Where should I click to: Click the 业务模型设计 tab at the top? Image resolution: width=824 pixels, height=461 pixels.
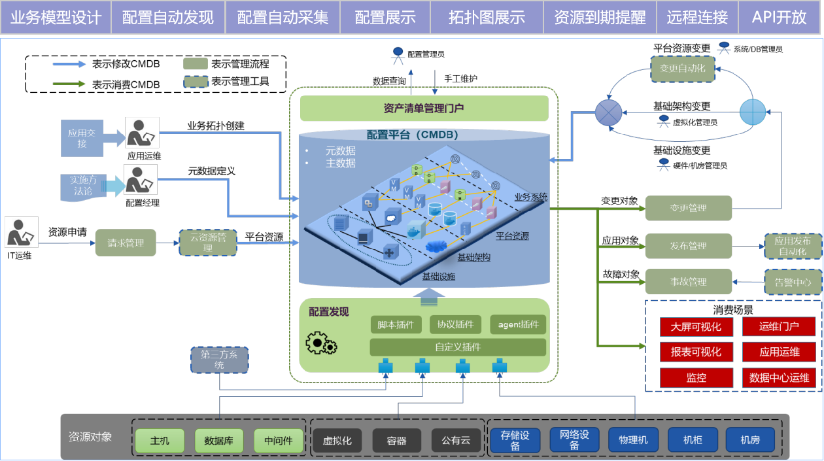pos(56,17)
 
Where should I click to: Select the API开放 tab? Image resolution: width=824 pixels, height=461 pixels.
pos(780,17)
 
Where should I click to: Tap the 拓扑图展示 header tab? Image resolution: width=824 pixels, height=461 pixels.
pos(487,17)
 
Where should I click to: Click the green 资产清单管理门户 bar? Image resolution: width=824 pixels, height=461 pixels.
pos(424,109)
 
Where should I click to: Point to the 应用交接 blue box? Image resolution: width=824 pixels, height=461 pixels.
pos(82,138)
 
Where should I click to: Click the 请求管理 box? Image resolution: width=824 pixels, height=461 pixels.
pos(126,243)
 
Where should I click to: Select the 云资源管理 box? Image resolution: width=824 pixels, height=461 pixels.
pos(207,243)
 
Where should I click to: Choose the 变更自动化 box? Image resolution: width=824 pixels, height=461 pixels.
pos(682,69)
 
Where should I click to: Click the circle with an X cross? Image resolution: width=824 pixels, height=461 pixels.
pos(608,112)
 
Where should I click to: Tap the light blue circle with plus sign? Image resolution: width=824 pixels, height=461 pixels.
pos(752,112)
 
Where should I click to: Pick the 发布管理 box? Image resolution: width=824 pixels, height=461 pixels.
pos(688,246)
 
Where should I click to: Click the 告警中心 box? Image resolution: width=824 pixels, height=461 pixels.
pos(793,282)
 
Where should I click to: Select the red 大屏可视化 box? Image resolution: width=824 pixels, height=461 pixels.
pos(696,327)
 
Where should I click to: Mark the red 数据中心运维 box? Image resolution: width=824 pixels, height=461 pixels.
pos(779,378)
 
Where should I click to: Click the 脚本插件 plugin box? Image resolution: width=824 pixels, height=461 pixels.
pos(396,324)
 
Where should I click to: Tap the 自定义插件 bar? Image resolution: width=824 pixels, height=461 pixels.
pos(458,347)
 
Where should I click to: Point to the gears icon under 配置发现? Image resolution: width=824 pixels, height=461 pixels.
pos(320,343)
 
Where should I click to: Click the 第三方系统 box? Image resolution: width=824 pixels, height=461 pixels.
pos(219,360)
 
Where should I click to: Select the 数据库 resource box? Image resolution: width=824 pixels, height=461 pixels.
pos(218,441)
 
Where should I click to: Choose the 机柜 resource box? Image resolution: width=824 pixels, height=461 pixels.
pos(693,440)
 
